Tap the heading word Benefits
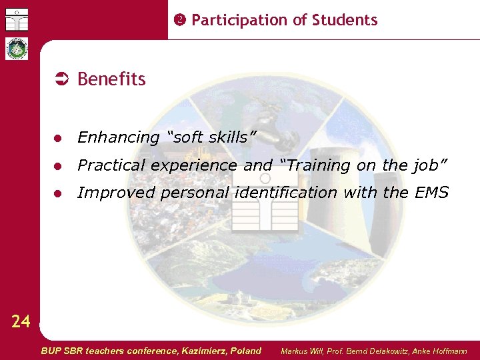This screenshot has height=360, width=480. [111, 79]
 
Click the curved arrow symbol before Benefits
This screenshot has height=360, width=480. [61, 79]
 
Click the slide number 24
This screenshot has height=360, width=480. [21, 322]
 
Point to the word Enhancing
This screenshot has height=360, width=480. [119, 138]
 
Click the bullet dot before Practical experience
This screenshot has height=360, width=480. [59, 166]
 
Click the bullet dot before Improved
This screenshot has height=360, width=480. [59, 194]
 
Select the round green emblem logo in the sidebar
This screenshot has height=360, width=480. [17, 49]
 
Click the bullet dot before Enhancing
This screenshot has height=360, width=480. [59, 138]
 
